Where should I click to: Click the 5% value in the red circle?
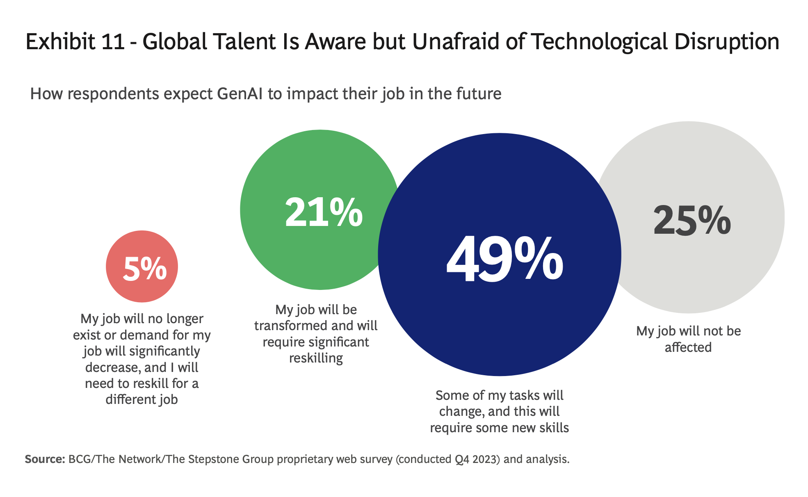pos(144,269)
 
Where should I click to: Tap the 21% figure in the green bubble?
pos(324,212)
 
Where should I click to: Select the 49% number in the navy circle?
pos(504,260)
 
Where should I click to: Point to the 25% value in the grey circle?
pos(692,221)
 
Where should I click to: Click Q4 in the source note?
pos(462,459)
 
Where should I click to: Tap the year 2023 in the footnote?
pos(486,459)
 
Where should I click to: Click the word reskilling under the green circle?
pos(316,358)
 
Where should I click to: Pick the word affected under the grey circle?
pos(688,347)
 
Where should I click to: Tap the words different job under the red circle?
pos(142,399)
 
